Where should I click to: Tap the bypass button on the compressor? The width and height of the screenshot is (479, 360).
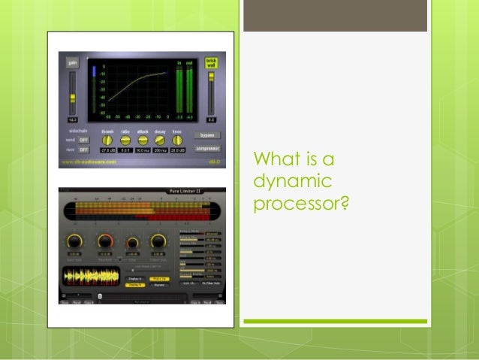[x=206, y=135]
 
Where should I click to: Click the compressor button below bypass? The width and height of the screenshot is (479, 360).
[x=206, y=149]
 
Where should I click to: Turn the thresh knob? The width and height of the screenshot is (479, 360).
[x=107, y=140]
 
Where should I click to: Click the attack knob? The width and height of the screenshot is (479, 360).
[x=143, y=140]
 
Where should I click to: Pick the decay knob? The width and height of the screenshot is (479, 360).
[x=160, y=140]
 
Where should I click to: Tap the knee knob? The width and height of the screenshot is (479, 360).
[x=178, y=140]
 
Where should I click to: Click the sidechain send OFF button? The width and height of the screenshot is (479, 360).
[x=83, y=141]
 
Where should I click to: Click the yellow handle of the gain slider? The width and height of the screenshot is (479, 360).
[x=73, y=97]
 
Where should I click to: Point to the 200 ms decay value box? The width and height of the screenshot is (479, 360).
[x=160, y=151]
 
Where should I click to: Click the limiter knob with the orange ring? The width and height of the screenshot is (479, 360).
[x=104, y=242]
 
